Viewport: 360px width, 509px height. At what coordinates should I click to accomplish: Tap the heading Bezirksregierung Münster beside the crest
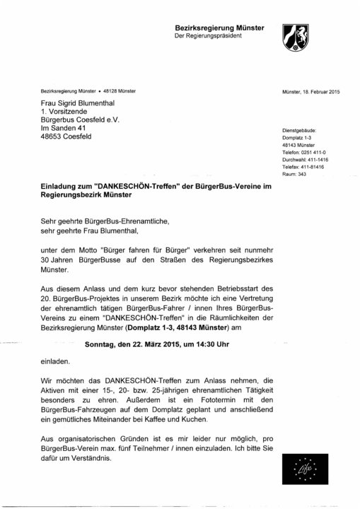tap(219, 27)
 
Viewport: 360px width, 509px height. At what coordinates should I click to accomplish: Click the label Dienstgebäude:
tap(300, 131)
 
